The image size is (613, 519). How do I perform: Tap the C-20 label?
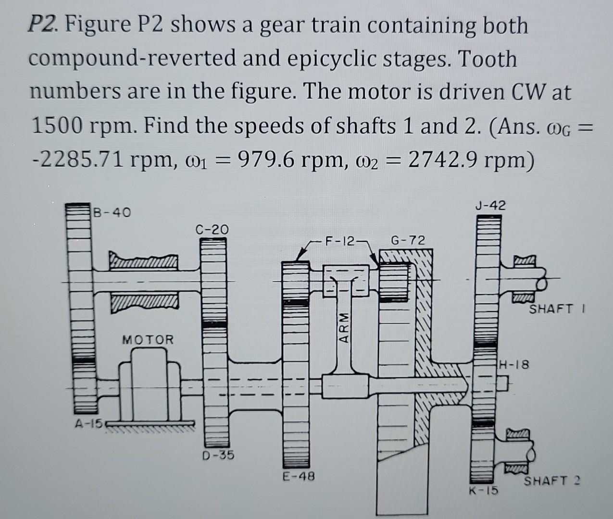(x=213, y=229)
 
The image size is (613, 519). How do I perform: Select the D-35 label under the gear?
(x=218, y=455)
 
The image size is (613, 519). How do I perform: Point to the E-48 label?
(x=298, y=477)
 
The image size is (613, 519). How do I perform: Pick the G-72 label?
(x=408, y=240)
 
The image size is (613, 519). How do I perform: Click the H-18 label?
(x=514, y=365)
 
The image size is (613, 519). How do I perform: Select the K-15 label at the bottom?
(x=484, y=491)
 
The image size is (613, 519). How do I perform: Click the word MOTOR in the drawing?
(x=148, y=340)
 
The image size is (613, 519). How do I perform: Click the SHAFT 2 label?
(x=552, y=480)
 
